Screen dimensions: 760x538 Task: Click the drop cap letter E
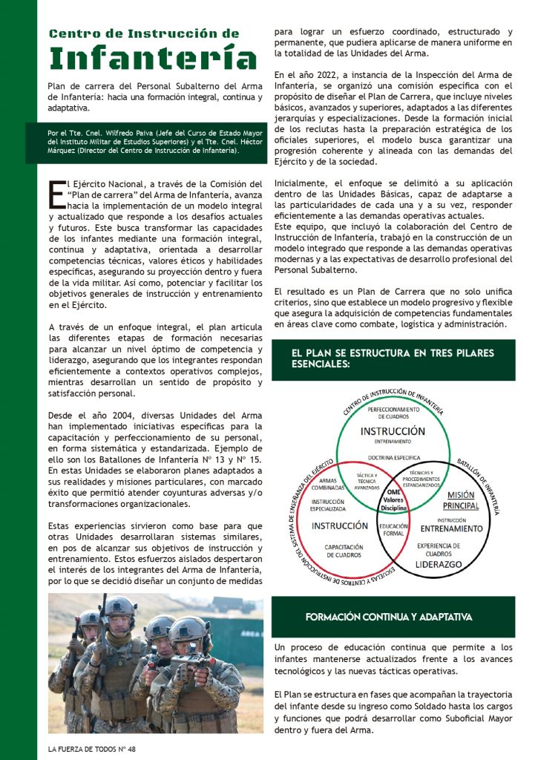click(56, 193)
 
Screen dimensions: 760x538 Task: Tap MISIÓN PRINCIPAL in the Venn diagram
click(462, 499)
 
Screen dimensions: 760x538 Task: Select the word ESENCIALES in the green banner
click(322, 364)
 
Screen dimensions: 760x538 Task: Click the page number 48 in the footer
click(131, 749)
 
